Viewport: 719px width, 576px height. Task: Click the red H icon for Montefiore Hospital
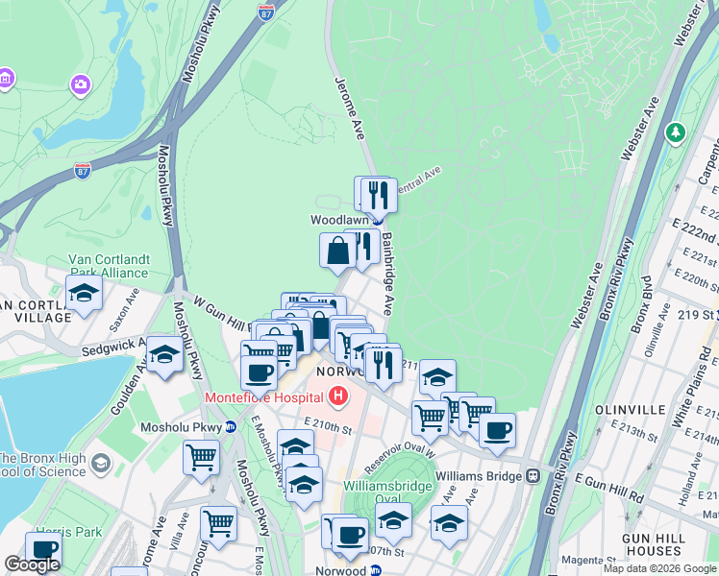point(337,395)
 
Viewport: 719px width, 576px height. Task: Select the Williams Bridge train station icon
point(532,476)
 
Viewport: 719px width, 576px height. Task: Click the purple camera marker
point(81,84)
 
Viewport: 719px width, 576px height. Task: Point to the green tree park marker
point(678,131)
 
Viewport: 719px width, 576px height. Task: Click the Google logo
point(32,564)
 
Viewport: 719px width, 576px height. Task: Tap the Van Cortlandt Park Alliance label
point(108,265)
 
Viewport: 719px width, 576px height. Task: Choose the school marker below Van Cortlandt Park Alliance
point(84,293)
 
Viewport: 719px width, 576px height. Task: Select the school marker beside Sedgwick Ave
point(164,355)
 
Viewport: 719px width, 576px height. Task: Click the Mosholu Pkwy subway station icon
point(231,427)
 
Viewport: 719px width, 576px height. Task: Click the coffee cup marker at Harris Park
point(42,548)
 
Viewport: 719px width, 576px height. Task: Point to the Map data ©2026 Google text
point(658,568)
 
